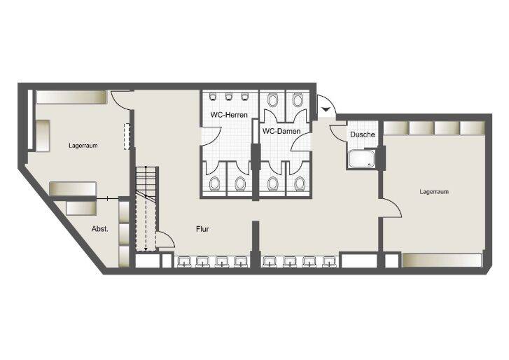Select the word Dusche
[362, 134]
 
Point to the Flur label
[202, 228]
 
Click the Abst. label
[99, 229]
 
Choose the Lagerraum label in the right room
[434, 191]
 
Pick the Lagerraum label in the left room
[83, 146]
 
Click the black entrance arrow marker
[326, 110]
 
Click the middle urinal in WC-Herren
[229, 97]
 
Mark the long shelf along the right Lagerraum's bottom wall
[442, 260]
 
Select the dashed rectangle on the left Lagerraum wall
[127, 136]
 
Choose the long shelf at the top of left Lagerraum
[71, 97]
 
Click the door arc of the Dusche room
[337, 130]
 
